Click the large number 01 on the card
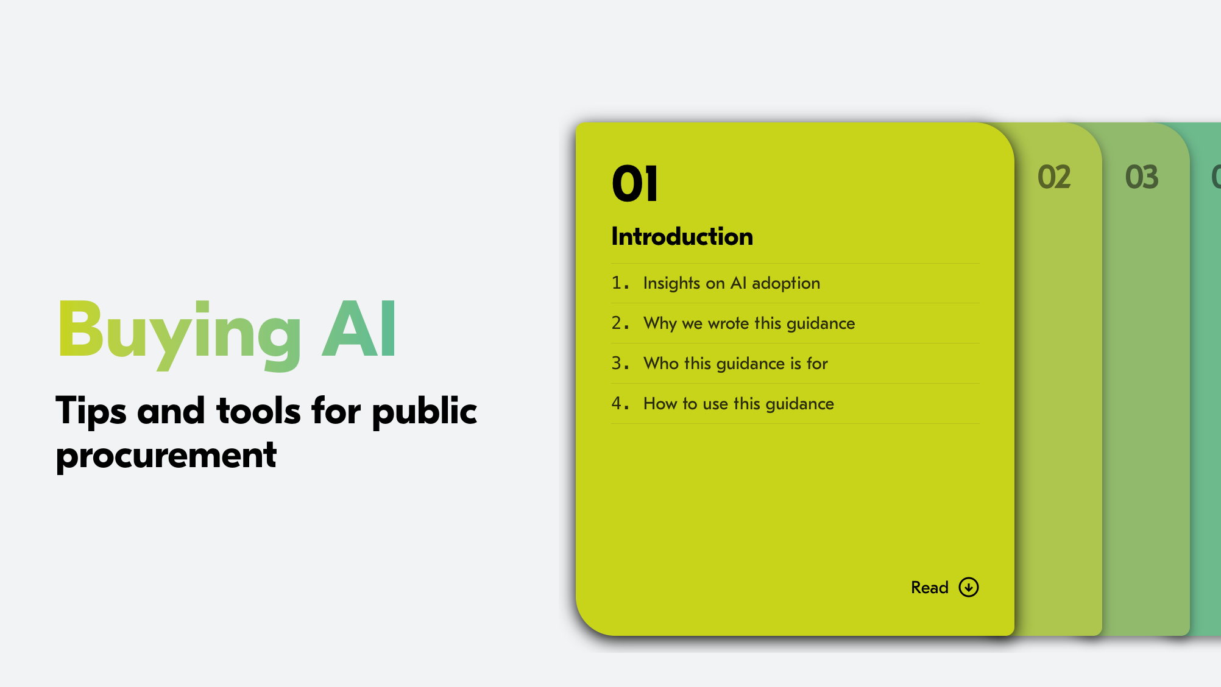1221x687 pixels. (x=634, y=184)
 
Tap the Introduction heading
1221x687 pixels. (x=682, y=236)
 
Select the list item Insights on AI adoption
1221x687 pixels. (x=731, y=283)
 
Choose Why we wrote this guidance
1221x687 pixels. (x=749, y=323)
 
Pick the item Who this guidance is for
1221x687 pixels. (x=735, y=364)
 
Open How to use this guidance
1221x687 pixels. (x=738, y=404)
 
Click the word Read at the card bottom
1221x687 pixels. (x=929, y=588)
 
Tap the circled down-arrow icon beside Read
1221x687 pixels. (x=968, y=587)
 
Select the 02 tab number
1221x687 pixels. (x=1053, y=177)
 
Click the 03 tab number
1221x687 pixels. (x=1141, y=177)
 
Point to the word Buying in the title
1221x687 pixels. (x=180, y=332)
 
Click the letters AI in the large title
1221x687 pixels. (x=359, y=329)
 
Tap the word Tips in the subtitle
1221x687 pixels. (x=91, y=411)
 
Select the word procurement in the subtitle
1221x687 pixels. (x=166, y=456)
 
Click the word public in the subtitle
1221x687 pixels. (x=424, y=411)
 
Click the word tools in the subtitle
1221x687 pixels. (x=258, y=411)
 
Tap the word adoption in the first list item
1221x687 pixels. (x=785, y=283)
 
